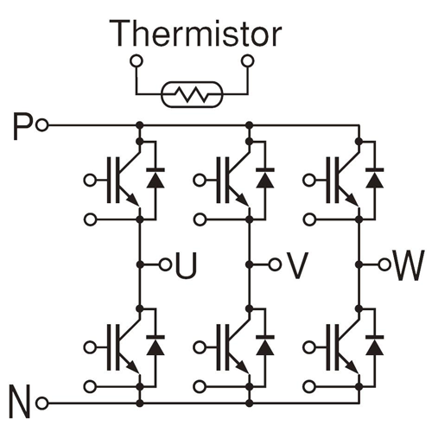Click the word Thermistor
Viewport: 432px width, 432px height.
point(195,34)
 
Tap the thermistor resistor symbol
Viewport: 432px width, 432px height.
point(192,94)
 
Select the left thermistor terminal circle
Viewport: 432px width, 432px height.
point(137,61)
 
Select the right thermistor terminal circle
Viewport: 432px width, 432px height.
point(248,61)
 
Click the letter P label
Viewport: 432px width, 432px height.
point(23,126)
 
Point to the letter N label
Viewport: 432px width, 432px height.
point(20,402)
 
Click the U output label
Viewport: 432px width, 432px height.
point(186,265)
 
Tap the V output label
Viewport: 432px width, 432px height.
point(297,265)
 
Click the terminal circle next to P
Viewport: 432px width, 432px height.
point(42,125)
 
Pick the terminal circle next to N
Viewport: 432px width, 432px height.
point(42,403)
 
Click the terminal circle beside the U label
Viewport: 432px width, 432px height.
point(165,264)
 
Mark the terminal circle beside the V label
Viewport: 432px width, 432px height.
point(275,264)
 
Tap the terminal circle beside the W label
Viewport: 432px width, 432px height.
point(384,264)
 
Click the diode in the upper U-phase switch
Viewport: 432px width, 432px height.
point(156,179)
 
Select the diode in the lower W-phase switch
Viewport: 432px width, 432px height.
point(375,346)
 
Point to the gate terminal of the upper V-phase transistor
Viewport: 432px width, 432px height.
point(200,181)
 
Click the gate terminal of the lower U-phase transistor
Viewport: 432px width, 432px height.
point(90,347)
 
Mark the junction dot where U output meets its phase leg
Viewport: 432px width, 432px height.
point(140,264)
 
